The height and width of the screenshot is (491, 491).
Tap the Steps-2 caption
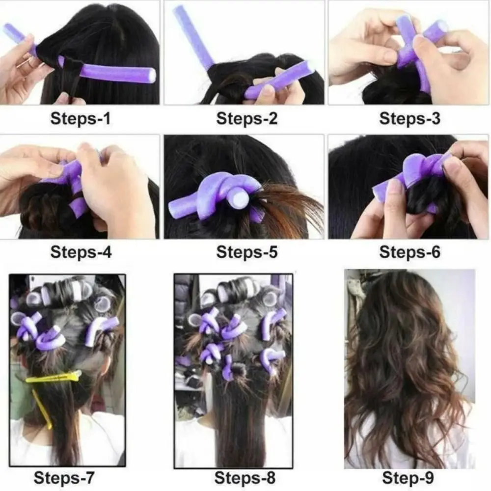tap(246, 118)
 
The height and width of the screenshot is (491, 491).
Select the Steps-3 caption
tap(409, 118)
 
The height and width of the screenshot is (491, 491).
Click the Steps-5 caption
tap(246, 252)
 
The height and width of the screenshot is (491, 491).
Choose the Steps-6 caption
tap(409, 252)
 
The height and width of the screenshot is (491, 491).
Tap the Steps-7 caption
tap(64, 477)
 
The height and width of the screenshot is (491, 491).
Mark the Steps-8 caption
tap(245, 477)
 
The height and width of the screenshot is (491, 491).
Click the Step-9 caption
tap(408, 477)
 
